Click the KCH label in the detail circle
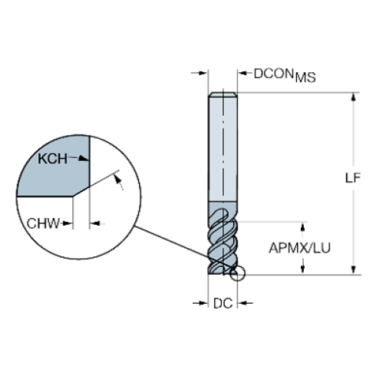(x=52, y=159)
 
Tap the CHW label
(x=43, y=223)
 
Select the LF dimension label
(x=353, y=178)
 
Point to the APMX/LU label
(x=299, y=248)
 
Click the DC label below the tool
(x=223, y=304)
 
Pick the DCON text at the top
(x=273, y=74)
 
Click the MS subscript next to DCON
(x=305, y=78)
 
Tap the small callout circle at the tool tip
(x=237, y=273)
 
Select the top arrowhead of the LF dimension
(x=353, y=97)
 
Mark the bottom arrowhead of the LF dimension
(x=353, y=270)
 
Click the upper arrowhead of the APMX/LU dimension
(x=303, y=227)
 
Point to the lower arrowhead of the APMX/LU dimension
(x=303, y=269)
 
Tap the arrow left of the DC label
(x=200, y=303)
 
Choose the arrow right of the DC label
(x=245, y=303)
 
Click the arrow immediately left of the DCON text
(x=245, y=73)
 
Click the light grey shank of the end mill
(x=223, y=148)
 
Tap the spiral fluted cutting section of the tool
(x=223, y=238)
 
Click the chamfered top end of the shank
(x=223, y=94)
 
